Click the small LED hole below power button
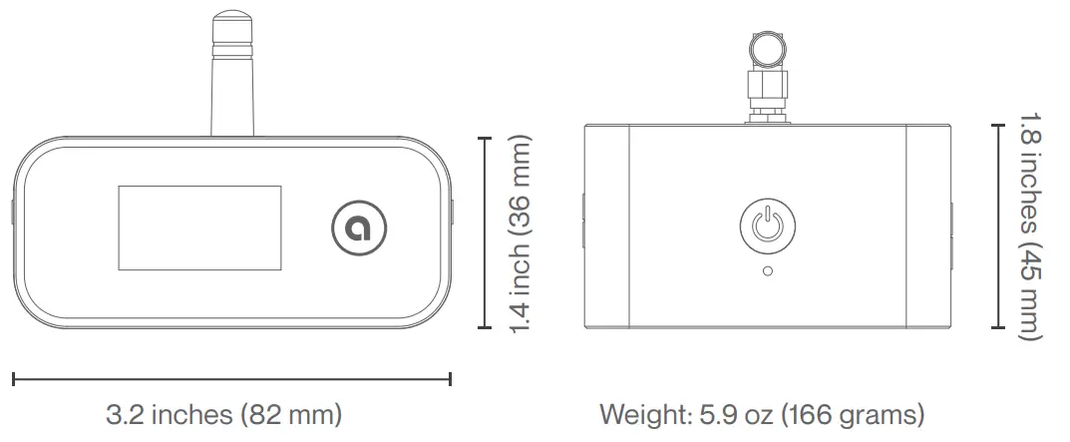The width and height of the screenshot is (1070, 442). [766, 270]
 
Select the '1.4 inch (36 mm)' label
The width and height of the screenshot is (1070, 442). [520, 234]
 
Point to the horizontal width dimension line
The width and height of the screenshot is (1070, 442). [231, 378]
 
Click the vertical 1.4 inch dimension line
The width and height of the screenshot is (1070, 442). [485, 233]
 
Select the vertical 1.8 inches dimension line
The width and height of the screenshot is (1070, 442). [996, 225]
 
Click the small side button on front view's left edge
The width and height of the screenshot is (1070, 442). [12, 213]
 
